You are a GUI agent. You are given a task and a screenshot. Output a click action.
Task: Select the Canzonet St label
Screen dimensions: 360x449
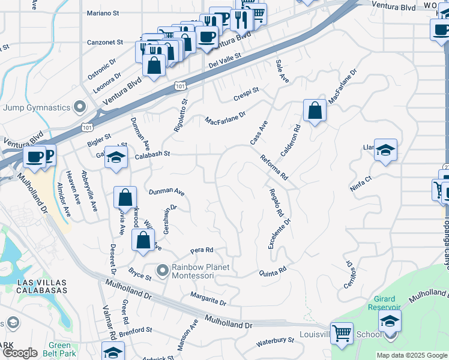click(x=105, y=43)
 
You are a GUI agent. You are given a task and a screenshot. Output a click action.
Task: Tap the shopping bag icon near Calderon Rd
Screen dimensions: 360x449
click(x=315, y=110)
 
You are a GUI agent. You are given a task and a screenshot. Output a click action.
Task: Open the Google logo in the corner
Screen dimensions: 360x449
click(x=20, y=353)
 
